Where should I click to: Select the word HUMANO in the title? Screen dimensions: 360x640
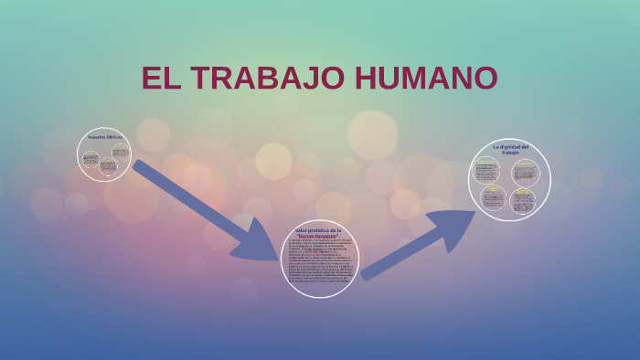(x=426, y=79)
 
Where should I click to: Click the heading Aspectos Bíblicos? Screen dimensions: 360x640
(x=105, y=137)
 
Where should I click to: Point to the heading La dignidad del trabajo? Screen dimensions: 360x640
(x=510, y=149)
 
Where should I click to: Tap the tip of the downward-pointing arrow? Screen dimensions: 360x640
(x=275, y=258)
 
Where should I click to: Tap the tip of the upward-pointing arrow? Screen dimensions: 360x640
(x=475, y=213)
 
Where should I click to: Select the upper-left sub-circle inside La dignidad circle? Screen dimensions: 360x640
(x=485, y=171)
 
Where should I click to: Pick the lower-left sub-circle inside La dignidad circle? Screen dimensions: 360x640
(x=494, y=197)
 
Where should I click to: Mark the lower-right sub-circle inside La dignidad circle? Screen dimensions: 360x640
(x=523, y=200)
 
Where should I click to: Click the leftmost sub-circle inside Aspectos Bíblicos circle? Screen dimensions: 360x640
(x=91, y=158)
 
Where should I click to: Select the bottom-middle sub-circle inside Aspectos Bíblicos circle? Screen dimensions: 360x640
(x=108, y=166)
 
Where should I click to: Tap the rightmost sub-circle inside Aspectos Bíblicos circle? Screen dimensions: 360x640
(x=120, y=148)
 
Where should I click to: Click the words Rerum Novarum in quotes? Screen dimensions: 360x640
(x=319, y=237)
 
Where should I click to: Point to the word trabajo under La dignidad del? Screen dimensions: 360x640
(x=510, y=153)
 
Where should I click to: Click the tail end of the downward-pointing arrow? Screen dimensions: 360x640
(x=138, y=165)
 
